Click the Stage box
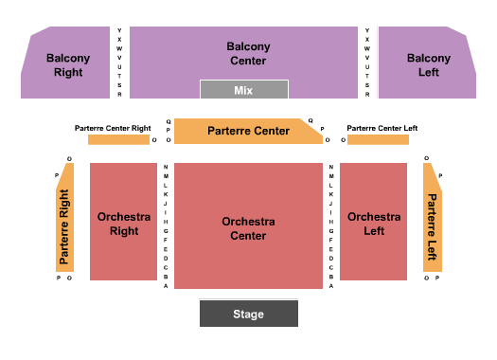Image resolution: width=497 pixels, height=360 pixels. pyautogui.click(x=248, y=314)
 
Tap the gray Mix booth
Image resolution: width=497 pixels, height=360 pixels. pyautogui.click(x=243, y=90)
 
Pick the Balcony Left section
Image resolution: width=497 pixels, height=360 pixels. pyautogui.click(x=428, y=64)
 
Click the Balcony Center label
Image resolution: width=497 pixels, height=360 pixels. pyautogui.click(x=248, y=53)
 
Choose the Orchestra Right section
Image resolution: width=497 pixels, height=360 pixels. pyautogui.click(x=123, y=223)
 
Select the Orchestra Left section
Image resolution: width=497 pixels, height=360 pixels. pyautogui.click(x=373, y=223)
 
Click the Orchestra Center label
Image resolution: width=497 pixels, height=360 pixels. pyautogui.click(x=248, y=228)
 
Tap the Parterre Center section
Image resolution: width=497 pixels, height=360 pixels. pyautogui.click(x=248, y=131)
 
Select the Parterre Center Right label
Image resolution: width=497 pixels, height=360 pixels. pyautogui.click(x=113, y=127)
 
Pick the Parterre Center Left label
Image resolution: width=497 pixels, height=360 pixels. pyautogui.click(x=382, y=127)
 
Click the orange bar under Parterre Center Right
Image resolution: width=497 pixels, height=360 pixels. pyautogui.click(x=118, y=140)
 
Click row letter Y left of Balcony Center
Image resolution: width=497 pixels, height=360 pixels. pyautogui.click(x=120, y=29)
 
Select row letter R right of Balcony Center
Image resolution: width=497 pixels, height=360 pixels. pyautogui.click(x=367, y=95)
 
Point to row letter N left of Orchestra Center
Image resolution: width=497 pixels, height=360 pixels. pyautogui.click(x=166, y=168)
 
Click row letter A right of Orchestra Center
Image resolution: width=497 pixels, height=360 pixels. pyautogui.click(x=331, y=285)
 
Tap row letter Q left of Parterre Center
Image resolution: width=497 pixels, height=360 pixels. pyautogui.click(x=169, y=121)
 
